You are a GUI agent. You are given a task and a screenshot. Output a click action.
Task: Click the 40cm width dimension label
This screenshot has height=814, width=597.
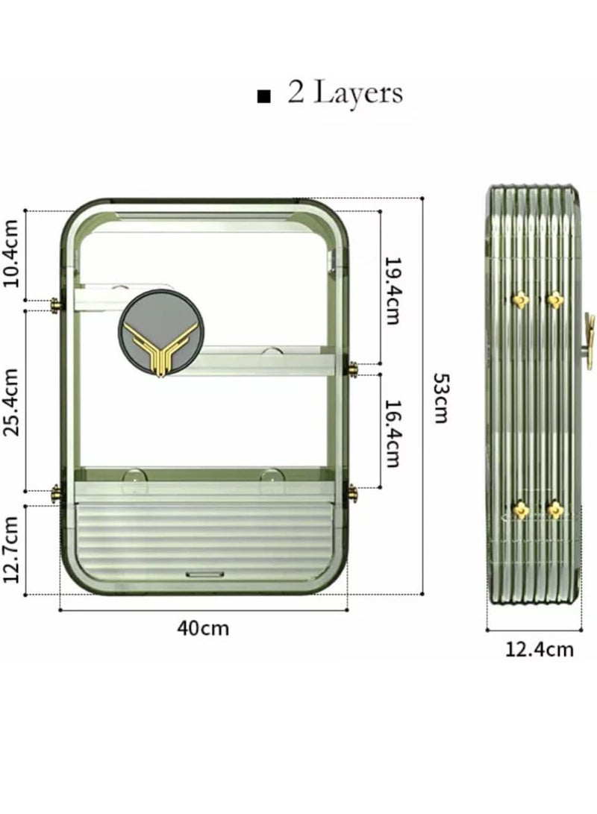pos(202,628)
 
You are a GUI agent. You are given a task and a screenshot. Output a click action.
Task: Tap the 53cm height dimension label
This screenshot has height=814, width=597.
pos(442,398)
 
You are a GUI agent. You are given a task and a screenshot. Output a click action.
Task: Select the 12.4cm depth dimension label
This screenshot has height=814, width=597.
pos(540,649)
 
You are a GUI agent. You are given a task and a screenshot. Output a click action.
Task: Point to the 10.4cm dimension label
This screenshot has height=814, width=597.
pos(11,254)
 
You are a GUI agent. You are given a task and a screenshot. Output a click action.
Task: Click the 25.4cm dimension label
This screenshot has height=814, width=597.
pos(11,402)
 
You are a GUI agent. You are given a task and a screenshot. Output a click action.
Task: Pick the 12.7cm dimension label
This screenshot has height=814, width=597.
pos(11,549)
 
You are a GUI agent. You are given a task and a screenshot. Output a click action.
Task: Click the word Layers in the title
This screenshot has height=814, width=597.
pos(358,94)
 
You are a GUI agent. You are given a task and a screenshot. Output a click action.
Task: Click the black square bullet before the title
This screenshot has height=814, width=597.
pos(263,96)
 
